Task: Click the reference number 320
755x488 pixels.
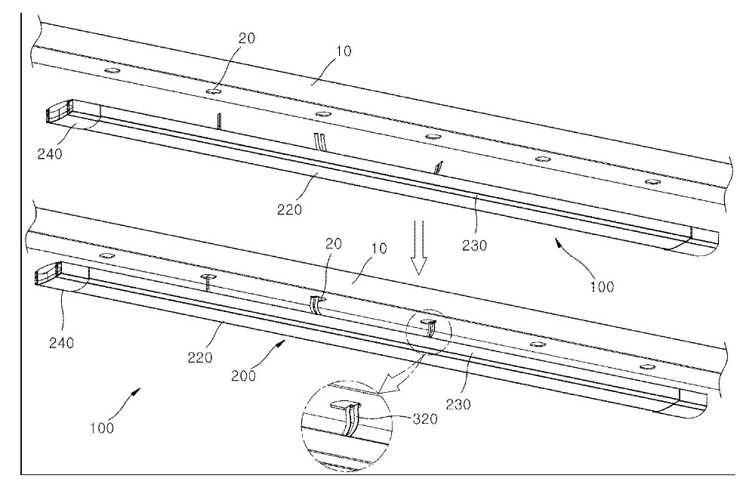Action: [x=426, y=419]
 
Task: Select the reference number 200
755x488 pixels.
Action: [x=244, y=375]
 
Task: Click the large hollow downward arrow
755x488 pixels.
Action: [x=419, y=247]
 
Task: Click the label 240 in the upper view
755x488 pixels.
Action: [x=50, y=154]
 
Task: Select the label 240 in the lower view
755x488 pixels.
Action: [x=62, y=342]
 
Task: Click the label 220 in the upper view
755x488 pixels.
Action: [x=289, y=209]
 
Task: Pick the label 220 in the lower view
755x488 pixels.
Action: [x=200, y=357]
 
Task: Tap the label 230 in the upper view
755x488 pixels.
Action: [x=475, y=246]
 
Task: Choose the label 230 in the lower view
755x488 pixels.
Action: [x=458, y=403]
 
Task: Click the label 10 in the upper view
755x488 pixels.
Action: [x=344, y=51]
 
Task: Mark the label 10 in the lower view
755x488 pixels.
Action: [x=380, y=249]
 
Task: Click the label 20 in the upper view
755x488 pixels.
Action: [x=247, y=38]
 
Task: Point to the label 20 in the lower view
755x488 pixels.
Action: [x=333, y=243]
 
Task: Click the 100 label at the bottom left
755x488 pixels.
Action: [x=102, y=428]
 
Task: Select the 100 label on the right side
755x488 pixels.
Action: [x=602, y=286]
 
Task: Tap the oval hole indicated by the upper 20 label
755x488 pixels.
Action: [x=214, y=91]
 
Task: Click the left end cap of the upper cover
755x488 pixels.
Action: [x=58, y=111]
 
